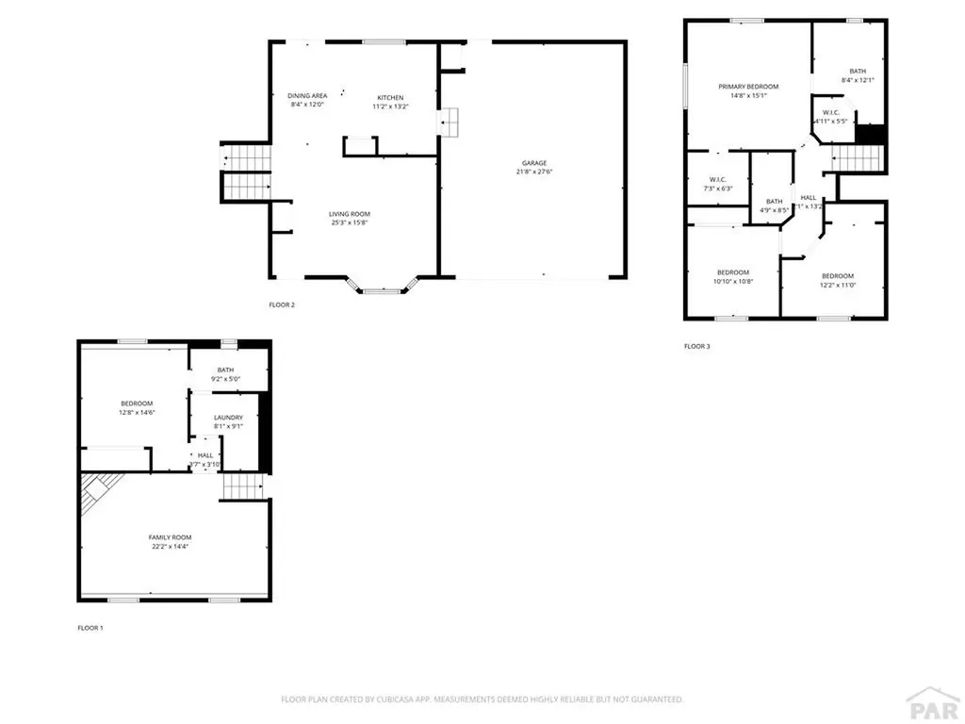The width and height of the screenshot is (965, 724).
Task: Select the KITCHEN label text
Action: tap(390, 98)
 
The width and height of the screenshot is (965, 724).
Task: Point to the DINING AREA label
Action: tap(307, 96)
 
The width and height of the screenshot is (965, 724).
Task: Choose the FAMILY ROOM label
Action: tap(170, 537)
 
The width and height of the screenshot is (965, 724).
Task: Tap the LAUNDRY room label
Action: tap(228, 418)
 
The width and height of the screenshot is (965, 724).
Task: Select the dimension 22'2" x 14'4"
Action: tap(170, 546)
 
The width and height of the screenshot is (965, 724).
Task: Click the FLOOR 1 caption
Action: tap(90, 627)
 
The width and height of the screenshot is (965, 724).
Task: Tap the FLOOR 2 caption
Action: tap(282, 304)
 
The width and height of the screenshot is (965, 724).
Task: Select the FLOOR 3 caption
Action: tap(697, 346)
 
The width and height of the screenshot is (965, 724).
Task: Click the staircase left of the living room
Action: tap(247, 172)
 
